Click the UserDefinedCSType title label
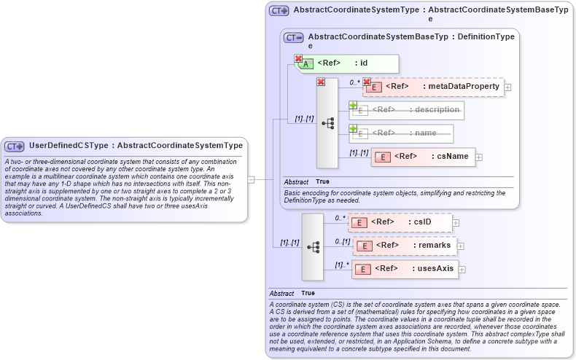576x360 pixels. [136, 146]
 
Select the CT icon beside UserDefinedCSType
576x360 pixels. [15, 146]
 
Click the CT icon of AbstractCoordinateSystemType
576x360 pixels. [279, 11]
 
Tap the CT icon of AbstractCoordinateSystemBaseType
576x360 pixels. [294, 37]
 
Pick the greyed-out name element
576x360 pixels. [401, 133]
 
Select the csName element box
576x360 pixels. [423, 157]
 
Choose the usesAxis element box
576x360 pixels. [405, 269]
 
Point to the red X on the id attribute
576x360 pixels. [298, 58]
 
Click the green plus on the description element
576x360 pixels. [353, 105]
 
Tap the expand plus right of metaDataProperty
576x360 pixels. [507, 87]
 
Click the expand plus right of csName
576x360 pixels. [479, 157]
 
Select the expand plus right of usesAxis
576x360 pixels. [462, 269]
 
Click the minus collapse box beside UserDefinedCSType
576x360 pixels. [251, 178]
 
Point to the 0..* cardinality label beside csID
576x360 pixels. [339, 218]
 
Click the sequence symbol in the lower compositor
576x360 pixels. [314, 247]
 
